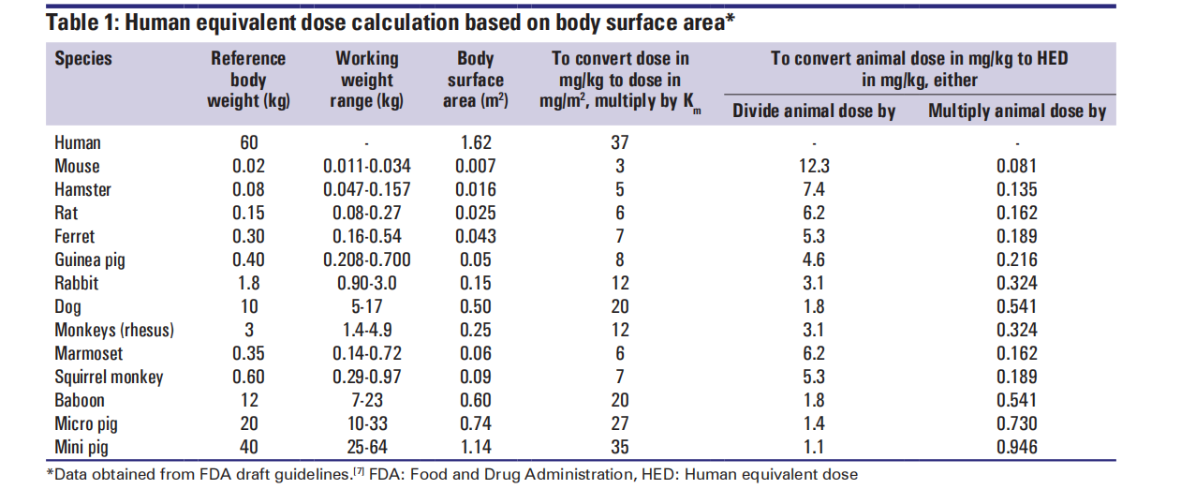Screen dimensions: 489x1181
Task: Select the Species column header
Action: (83, 59)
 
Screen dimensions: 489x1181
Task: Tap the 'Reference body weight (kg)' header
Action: (248, 80)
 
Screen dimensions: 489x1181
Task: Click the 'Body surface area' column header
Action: (475, 80)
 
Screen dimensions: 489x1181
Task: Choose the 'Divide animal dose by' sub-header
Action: (814, 111)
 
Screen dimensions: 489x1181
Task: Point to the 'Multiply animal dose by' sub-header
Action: (1017, 111)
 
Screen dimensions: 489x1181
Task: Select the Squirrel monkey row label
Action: (109, 377)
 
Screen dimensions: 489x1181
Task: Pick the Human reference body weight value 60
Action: (248, 143)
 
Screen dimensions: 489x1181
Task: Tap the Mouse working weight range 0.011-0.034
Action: (366, 167)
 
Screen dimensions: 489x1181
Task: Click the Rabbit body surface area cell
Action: (475, 283)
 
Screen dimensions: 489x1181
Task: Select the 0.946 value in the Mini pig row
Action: (1017, 447)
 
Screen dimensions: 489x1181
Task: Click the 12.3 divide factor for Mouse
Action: (814, 167)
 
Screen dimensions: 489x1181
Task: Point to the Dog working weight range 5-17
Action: (366, 306)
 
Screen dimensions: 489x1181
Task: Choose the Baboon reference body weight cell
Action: (248, 400)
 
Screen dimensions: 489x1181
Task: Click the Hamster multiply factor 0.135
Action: (1017, 190)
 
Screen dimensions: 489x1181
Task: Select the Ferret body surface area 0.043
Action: (475, 236)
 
